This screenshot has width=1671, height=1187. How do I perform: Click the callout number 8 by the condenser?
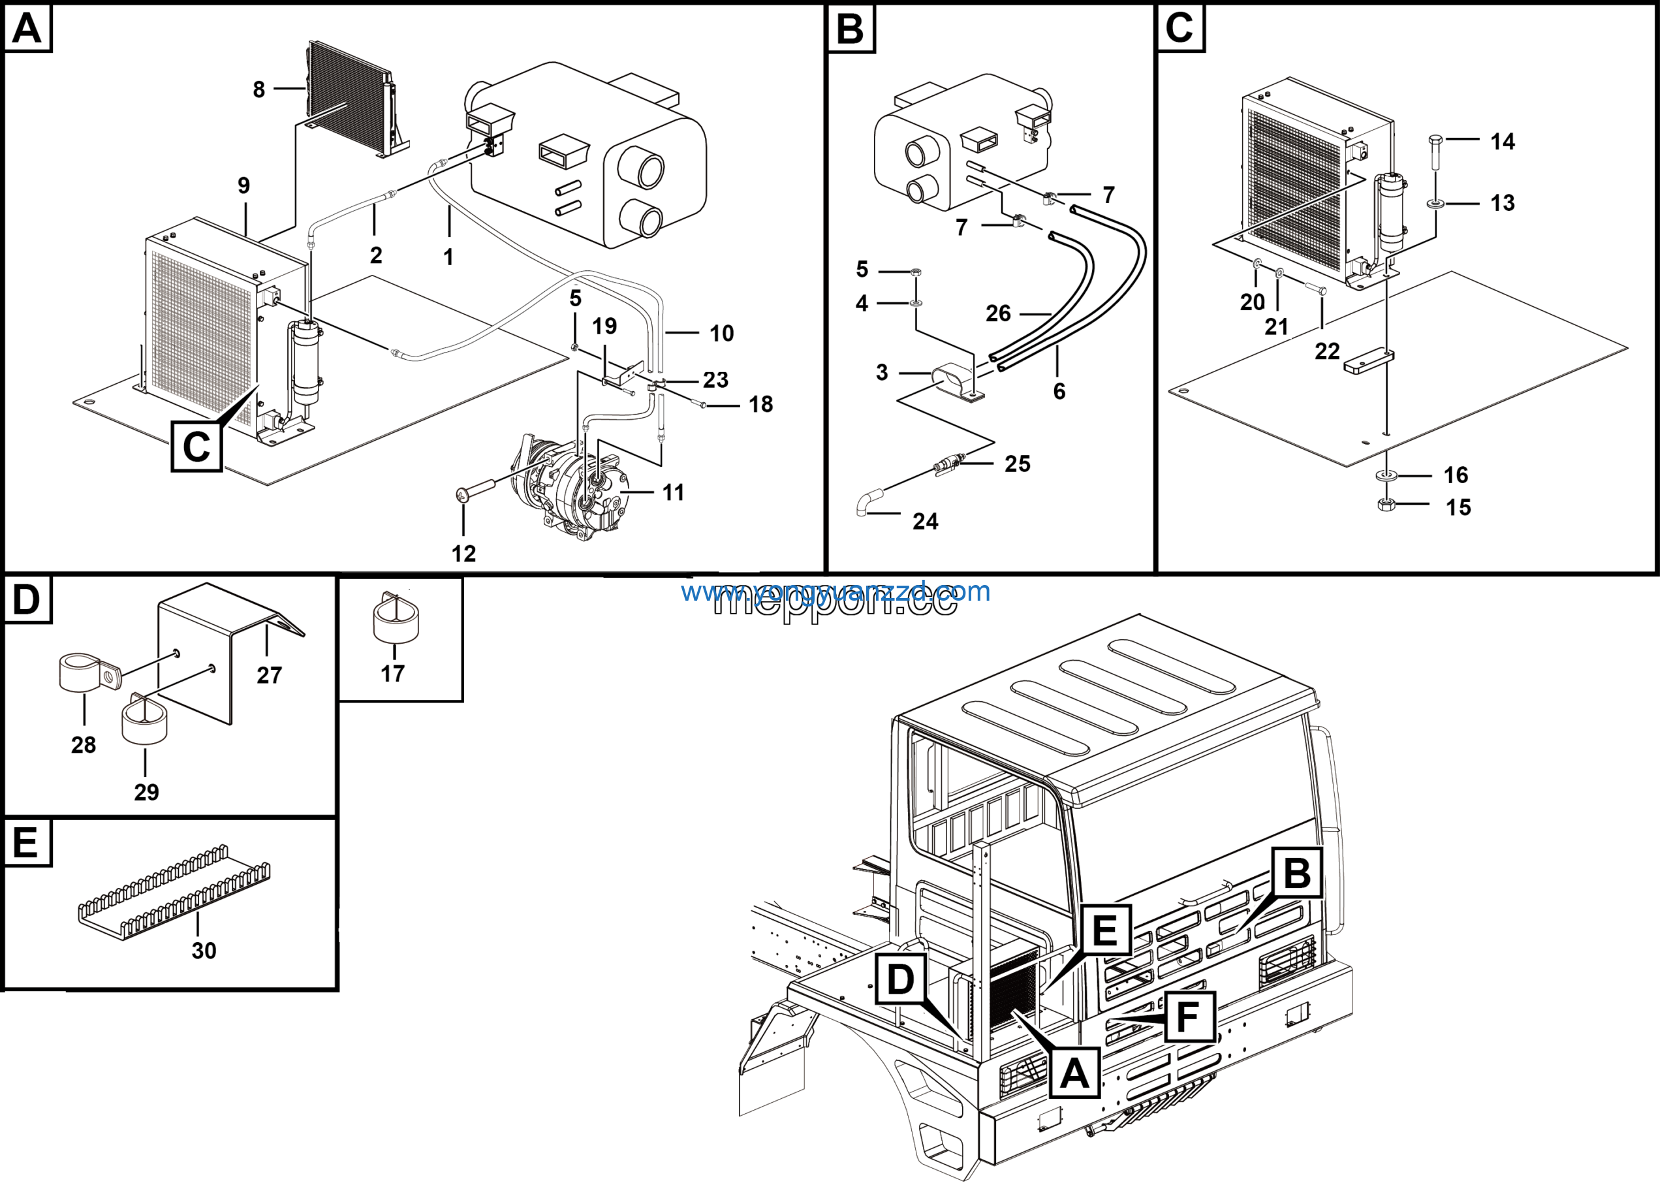(x=258, y=90)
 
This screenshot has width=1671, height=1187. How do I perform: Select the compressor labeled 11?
(x=577, y=486)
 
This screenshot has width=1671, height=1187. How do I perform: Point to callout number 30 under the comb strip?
(x=204, y=951)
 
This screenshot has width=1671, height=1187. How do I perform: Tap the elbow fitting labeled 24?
(x=868, y=503)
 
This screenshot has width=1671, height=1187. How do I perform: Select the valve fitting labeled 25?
(x=948, y=464)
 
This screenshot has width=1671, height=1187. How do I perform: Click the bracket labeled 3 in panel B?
(x=959, y=381)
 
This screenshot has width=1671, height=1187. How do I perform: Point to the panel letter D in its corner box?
(x=27, y=599)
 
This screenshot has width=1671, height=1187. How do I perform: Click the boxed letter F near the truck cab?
(x=1189, y=1016)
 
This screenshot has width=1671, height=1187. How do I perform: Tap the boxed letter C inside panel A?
(x=196, y=446)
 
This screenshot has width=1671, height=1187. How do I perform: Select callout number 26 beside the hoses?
(x=998, y=314)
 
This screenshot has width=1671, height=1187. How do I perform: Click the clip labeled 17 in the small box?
(x=396, y=620)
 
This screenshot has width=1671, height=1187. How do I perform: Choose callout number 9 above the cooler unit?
(x=244, y=185)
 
